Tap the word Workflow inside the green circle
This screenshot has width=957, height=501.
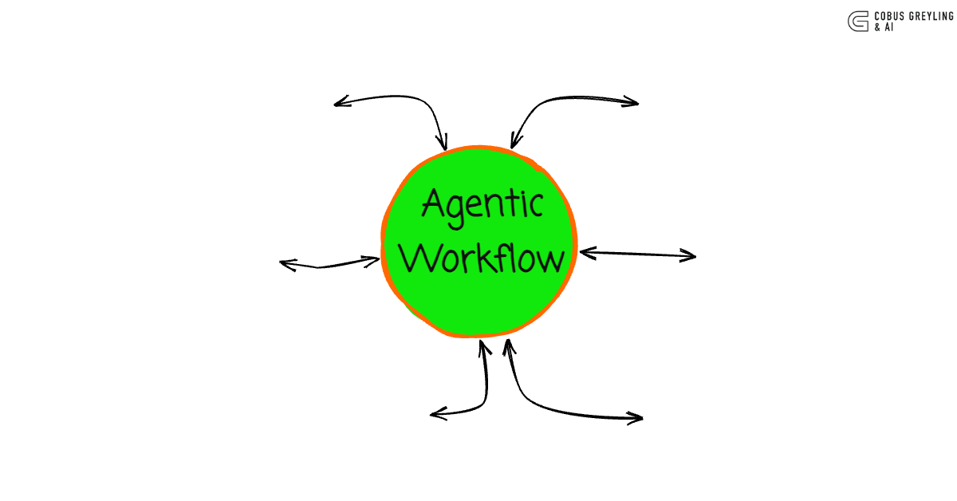pos(482,257)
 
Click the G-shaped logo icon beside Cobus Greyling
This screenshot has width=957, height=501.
pos(858,21)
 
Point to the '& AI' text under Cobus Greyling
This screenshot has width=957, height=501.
pos(883,27)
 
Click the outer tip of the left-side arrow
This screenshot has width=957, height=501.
pos(283,263)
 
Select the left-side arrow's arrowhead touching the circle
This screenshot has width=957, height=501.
pos(376,258)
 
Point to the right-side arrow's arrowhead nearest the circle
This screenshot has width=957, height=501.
pos(584,252)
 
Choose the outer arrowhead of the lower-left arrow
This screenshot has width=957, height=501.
pos(434,413)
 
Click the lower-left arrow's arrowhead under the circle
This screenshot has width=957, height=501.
pos(483,345)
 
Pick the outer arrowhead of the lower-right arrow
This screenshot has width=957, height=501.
pos(639,417)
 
